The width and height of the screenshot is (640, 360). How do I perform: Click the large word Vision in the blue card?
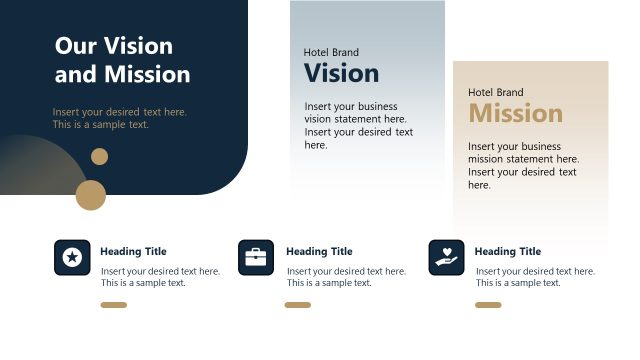341,73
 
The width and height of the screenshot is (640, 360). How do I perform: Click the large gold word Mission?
515,113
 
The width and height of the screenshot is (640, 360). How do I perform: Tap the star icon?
72,258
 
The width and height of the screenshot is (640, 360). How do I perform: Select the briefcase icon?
256,258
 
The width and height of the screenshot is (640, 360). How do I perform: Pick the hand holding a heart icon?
446,258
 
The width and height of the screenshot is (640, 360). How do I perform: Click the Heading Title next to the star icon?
133,252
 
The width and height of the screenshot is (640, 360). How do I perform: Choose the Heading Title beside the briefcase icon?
319,252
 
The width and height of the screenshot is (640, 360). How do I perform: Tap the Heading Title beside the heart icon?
507,252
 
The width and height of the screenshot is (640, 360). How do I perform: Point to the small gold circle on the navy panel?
99,156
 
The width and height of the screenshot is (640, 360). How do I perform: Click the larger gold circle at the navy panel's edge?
91,195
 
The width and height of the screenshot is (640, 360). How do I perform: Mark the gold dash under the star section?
114,305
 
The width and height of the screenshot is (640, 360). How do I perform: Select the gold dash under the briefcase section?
298,305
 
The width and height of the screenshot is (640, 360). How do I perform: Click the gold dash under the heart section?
488,305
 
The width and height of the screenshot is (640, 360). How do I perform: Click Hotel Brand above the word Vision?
331,52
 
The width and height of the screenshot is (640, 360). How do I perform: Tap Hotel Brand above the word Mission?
495,92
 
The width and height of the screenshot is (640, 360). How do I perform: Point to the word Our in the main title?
76,46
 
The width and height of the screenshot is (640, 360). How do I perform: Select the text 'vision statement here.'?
350,119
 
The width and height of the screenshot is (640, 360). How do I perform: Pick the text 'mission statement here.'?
523,159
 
